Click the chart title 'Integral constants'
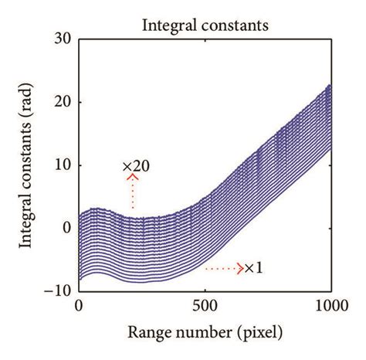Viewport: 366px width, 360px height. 204,26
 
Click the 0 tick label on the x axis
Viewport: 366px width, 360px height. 79,306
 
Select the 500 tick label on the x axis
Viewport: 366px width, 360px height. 205,306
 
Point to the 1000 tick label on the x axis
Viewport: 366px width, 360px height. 330,306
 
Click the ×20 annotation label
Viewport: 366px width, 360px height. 135,166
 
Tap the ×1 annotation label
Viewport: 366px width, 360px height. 255,268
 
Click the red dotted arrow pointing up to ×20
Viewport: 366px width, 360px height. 133,191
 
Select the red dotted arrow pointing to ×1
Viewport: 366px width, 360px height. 224,269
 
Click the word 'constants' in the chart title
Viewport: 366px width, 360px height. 232,26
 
